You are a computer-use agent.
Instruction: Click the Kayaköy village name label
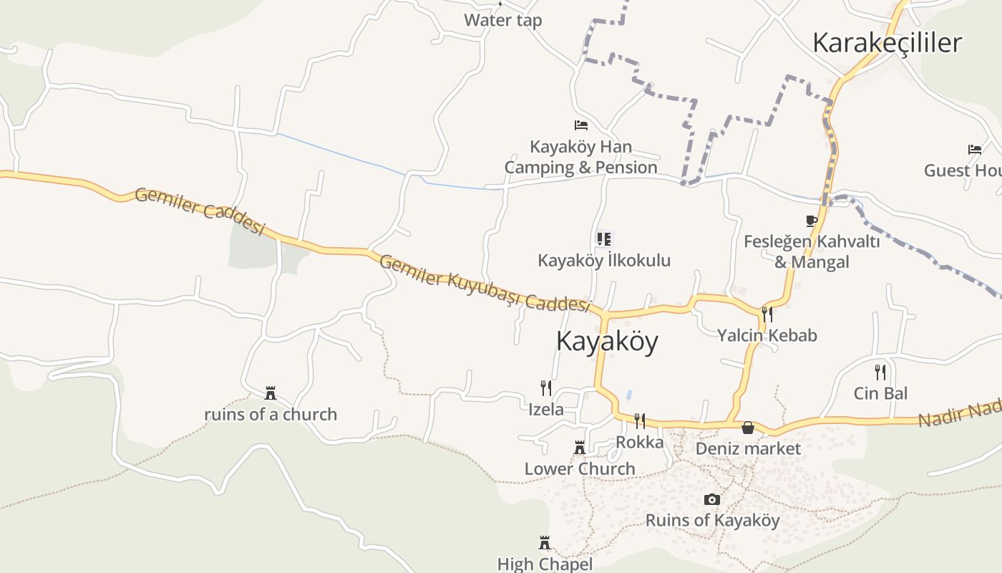click(x=607, y=342)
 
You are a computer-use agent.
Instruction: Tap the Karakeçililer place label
click(x=887, y=43)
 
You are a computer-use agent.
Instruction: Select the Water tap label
click(x=502, y=20)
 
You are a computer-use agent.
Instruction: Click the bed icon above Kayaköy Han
click(x=581, y=125)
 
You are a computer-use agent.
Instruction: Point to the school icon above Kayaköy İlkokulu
click(x=604, y=239)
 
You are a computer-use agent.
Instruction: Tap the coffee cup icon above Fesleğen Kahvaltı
click(x=811, y=221)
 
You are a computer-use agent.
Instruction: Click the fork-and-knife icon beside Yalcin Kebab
click(x=767, y=314)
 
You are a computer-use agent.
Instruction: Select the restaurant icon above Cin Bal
click(x=880, y=372)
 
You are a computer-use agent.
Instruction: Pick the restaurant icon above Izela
click(x=546, y=388)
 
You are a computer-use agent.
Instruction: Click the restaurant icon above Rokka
click(x=640, y=420)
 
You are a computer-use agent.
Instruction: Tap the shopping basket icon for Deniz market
click(x=748, y=428)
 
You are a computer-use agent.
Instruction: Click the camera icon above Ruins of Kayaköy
click(x=712, y=499)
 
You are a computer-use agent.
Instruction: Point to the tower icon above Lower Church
click(x=580, y=448)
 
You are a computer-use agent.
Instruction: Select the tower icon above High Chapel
click(x=545, y=542)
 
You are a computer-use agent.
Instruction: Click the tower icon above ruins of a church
click(x=271, y=393)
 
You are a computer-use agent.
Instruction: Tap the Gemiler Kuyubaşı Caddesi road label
click(x=484, y=284)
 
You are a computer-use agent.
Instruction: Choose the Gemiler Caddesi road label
click(x=200, y=212)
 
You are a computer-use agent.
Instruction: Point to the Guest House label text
click(x=962, y=170)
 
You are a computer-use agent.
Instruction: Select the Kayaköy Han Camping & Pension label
click(x=580, y=158)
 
